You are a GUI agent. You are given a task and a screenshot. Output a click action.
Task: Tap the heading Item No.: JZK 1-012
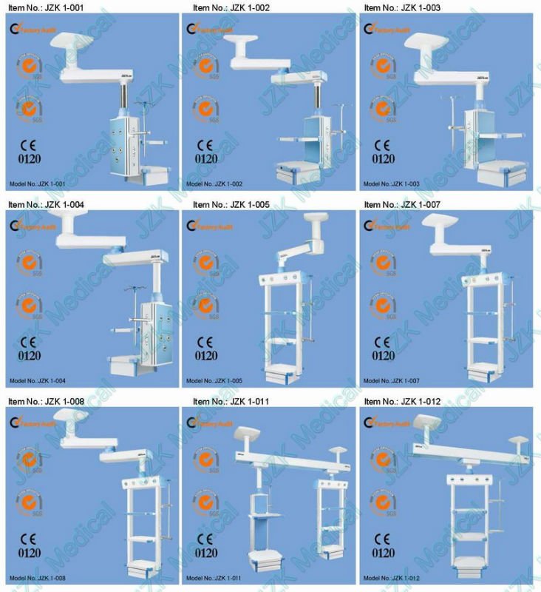pos(401,401)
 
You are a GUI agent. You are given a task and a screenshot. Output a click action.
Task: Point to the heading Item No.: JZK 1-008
pos(46,401)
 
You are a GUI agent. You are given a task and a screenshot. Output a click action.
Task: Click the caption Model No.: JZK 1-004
pos(37,381)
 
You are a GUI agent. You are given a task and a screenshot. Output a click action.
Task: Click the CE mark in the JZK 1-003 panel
pos(383,144)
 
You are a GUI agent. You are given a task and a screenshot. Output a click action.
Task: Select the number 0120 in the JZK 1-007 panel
pos(383,354)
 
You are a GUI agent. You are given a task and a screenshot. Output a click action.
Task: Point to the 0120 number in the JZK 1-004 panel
pos(27,354)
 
